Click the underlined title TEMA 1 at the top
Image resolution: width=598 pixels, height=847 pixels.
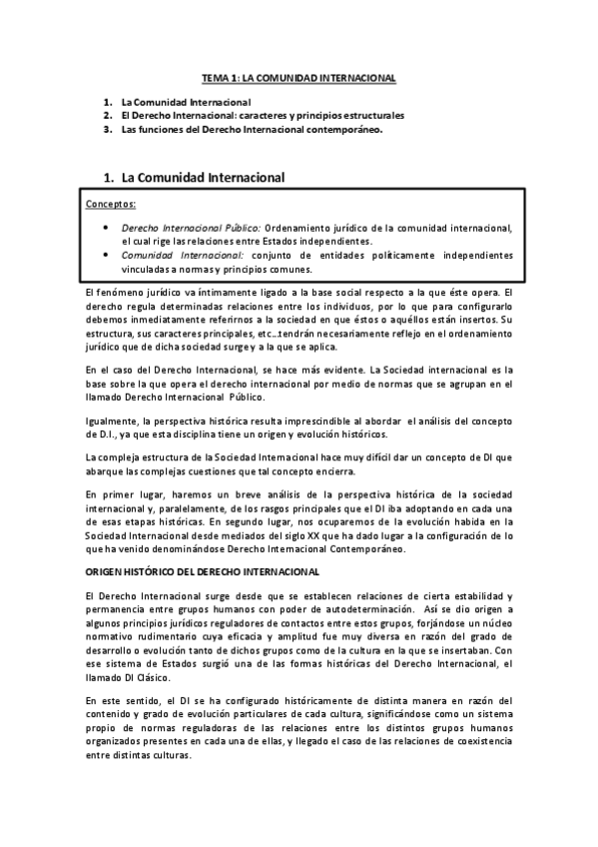(299, 77)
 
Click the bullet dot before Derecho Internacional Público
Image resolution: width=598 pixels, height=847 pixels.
(108, 227)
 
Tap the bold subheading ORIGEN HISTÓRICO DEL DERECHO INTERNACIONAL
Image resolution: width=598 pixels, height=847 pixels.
(203, 571)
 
